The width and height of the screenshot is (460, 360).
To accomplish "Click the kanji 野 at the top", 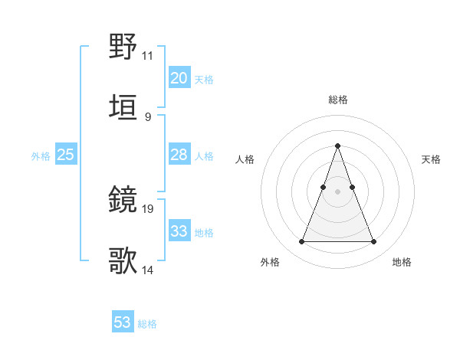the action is (x=123, y=47).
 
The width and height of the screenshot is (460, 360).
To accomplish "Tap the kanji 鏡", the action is (x=123, y=201).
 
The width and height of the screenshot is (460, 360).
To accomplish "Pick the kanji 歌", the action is (x=123, y=261).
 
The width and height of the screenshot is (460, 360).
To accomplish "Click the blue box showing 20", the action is (x=179, y=78).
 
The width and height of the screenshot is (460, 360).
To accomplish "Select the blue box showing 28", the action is (x=179, y=155).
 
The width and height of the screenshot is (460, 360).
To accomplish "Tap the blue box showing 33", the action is (x=179, y=231).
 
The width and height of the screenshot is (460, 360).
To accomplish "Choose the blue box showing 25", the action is (x=65, y=155).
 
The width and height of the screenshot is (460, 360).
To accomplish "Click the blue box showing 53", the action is (x=123, y=322).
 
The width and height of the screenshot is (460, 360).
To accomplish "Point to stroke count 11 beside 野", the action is (x=147, y=56).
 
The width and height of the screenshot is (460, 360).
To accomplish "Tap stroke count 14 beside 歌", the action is (x=147, y=270).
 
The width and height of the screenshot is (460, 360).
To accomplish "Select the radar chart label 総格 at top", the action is (x=338, y=100).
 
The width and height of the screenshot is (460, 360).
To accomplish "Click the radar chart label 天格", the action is (x=431, y=159).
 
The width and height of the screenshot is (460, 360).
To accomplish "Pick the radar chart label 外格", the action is (x=270, y=262).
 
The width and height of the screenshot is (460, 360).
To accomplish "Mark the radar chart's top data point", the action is (x=338, y=146).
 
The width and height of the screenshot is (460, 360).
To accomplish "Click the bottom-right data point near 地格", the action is (x=373, y=242).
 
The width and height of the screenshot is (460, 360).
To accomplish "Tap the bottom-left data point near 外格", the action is (x=302, y=242).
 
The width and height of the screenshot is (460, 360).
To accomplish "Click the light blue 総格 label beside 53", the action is (x=147, y=324).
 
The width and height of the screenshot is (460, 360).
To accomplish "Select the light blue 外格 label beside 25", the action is (x=41, y=156).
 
